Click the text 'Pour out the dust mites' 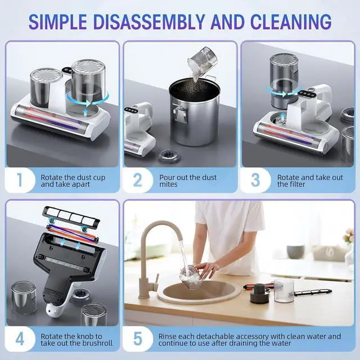click(185, 181)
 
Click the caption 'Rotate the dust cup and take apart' click(73, 181)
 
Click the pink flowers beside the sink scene click(349, 236)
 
